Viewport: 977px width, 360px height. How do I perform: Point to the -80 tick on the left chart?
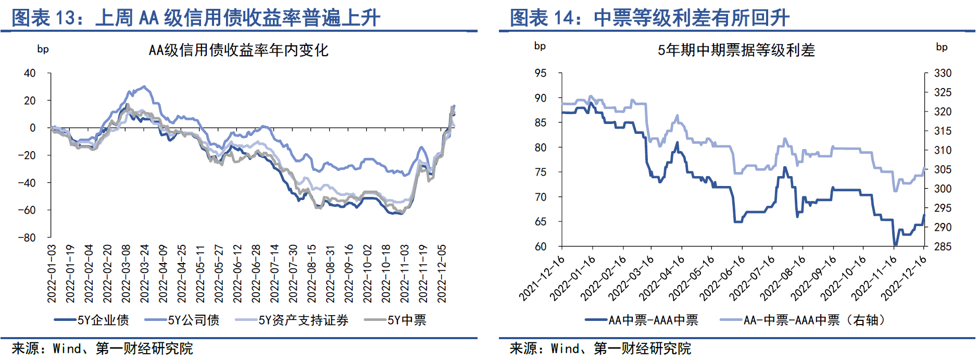pos(27,238)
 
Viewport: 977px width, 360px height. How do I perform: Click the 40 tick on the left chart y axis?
pos(30,73)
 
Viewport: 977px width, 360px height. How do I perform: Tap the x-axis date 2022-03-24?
pos(144,274)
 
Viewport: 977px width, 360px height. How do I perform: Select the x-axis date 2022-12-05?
pos(442,274)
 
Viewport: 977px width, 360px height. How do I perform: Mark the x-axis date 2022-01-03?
pos(52,274)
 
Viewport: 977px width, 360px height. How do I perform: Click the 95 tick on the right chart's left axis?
pos(540,73)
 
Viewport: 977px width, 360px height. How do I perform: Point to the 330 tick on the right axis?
pos(943,73)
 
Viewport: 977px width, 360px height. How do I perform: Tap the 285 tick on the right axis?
pos(943,246)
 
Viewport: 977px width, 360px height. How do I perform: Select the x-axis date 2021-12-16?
pos(542,279)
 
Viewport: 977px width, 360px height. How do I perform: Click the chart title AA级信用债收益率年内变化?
pos(239,50)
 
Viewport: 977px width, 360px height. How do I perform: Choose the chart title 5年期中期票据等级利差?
pos(736,50)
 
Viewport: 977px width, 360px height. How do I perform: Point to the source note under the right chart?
pos(600,348)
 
